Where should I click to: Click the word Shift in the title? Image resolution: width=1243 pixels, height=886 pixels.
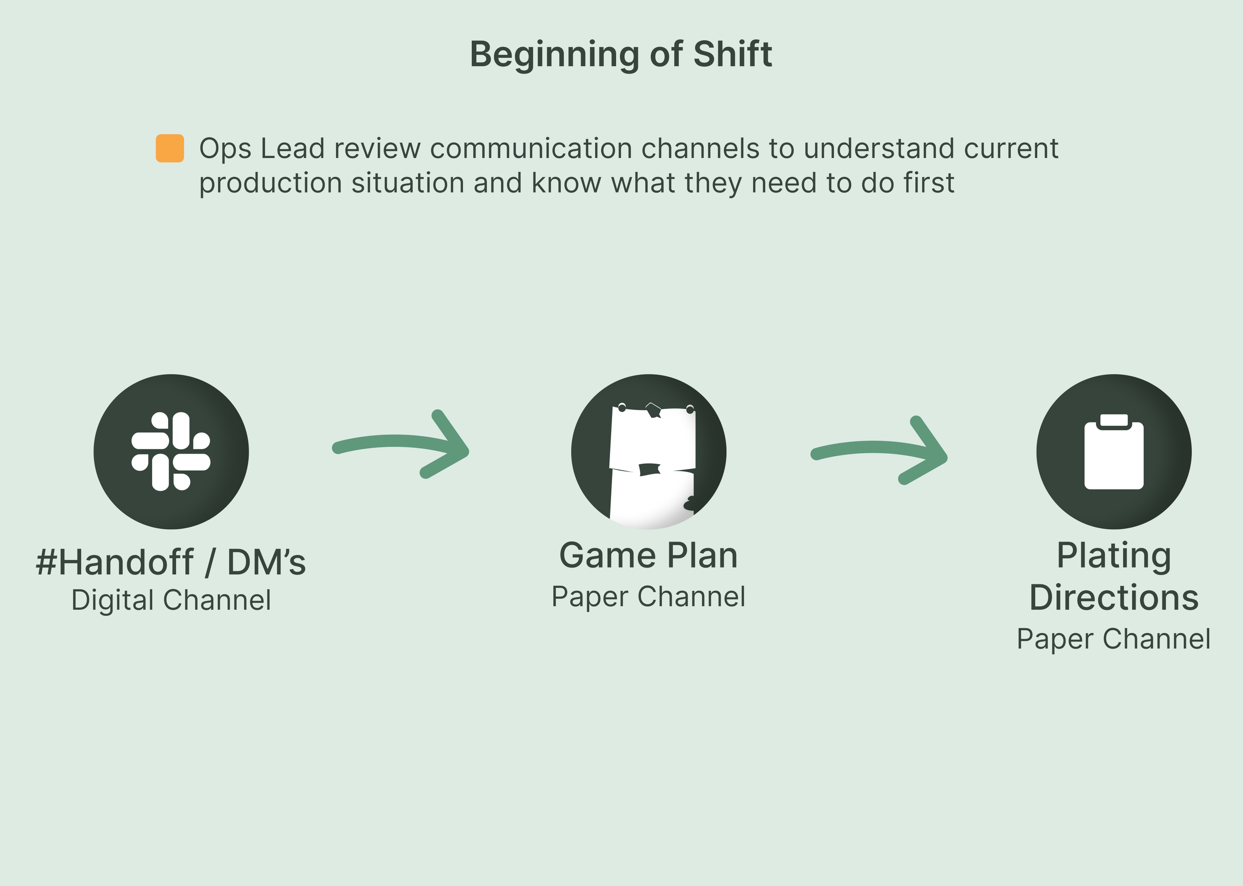pos(732,55)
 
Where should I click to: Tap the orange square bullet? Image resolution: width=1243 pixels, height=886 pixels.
pos(170,149)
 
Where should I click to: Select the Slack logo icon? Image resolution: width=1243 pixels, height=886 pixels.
pos(171,452)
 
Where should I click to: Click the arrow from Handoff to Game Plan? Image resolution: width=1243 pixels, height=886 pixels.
pos(401,445)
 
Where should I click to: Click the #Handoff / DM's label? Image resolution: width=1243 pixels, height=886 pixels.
pos(171,562)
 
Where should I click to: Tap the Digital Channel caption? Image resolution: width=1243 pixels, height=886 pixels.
pos(171,600)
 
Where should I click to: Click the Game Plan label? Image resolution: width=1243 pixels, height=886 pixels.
pos(648,556)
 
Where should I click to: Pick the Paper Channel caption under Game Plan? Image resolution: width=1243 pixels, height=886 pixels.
pos(648,596)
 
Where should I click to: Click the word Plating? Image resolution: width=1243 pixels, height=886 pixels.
pos(1114,557)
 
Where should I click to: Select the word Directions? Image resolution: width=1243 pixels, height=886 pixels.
pos(1114,597)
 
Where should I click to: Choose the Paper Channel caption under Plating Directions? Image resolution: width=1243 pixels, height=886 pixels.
pos(1114,639)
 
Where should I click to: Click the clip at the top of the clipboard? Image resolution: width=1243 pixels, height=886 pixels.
pos(1114,420)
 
